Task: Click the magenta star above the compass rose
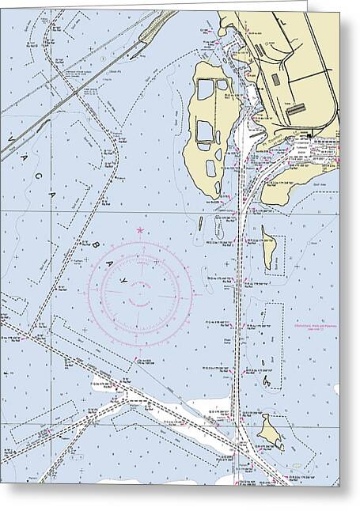(x=141, y=230)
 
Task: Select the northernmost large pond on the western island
(x=207, y=90)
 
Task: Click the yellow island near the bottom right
(x=274, y=432)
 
